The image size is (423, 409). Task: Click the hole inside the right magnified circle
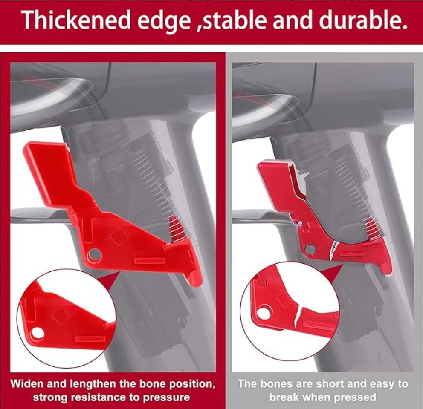[x=263, y=313]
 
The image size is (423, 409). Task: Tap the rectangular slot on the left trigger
[x=150, y=261]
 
